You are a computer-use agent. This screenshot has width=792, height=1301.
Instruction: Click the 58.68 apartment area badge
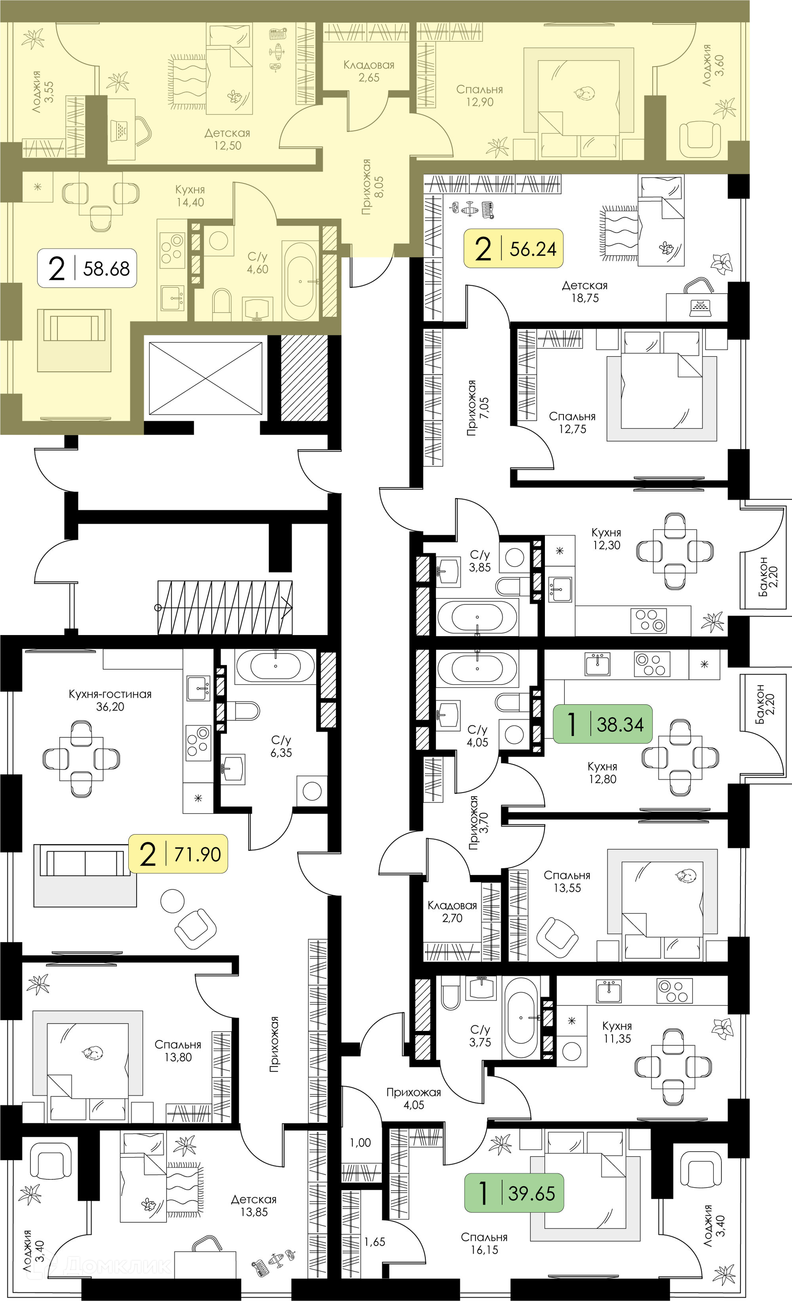coord(87,268)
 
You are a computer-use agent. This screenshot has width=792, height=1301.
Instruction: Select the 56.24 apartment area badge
coord(513,248)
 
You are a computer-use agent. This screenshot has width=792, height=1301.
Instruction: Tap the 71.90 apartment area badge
coord(178,854)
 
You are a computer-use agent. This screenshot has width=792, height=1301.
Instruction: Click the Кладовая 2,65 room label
coord(369,71)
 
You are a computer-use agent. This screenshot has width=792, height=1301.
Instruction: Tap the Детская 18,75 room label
coord(585,292)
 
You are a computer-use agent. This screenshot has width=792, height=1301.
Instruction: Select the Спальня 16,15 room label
coord(484,1243)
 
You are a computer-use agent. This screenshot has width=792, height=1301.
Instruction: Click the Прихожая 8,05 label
coord(372,187)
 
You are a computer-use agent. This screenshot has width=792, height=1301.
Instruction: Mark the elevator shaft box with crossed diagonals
coord(205,378)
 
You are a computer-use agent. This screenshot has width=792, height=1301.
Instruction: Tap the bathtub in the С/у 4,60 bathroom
coord(301,281)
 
